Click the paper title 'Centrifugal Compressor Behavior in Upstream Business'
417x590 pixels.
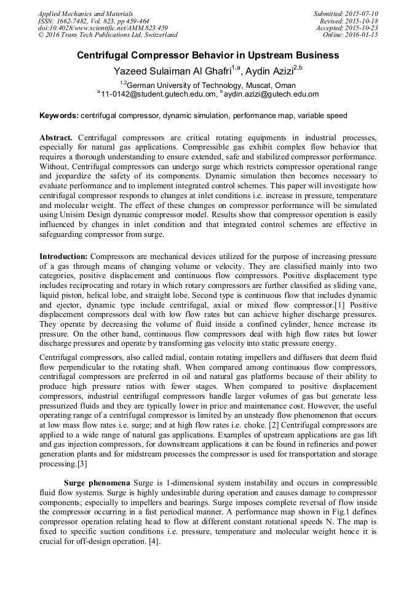tap(208, 55)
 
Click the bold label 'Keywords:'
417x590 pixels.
tap(59, 116)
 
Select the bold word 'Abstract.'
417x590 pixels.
tap(56, 135)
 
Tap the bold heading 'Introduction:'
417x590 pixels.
tap(65, 255)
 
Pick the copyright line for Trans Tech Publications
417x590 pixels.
tap(108, 35)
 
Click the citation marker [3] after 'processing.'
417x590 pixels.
tap(81, 463)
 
